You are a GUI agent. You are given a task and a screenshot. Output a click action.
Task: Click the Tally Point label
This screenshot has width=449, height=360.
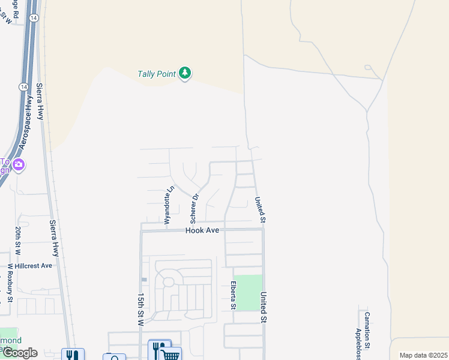pos(156,74)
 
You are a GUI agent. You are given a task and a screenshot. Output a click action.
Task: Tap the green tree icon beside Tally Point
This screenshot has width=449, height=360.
pos(185,73)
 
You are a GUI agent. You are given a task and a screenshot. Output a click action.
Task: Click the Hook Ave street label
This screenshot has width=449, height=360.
pos(202,230)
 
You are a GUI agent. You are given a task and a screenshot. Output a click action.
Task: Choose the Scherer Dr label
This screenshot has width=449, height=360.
pos(195,205)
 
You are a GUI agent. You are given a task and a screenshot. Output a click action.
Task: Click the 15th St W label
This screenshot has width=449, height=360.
pos(141,309)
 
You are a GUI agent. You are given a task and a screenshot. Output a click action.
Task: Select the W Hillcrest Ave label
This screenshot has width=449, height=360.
pos(30,265)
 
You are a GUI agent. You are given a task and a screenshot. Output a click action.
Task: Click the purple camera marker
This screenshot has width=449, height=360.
pos(19,164)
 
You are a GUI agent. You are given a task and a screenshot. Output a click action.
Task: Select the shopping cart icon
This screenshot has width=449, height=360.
pos(171,355)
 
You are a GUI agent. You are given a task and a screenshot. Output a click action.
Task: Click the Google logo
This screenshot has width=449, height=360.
pos(19,353)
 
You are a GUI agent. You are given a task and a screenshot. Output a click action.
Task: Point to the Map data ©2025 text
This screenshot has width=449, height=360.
pos(423,355)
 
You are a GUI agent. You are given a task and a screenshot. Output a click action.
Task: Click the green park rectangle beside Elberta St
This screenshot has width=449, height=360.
pos(248,292)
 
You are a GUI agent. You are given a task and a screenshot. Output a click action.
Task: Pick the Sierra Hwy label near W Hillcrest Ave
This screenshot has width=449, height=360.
pos(56,237)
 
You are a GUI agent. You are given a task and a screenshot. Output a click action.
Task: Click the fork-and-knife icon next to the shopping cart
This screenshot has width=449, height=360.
pos(158,349)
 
